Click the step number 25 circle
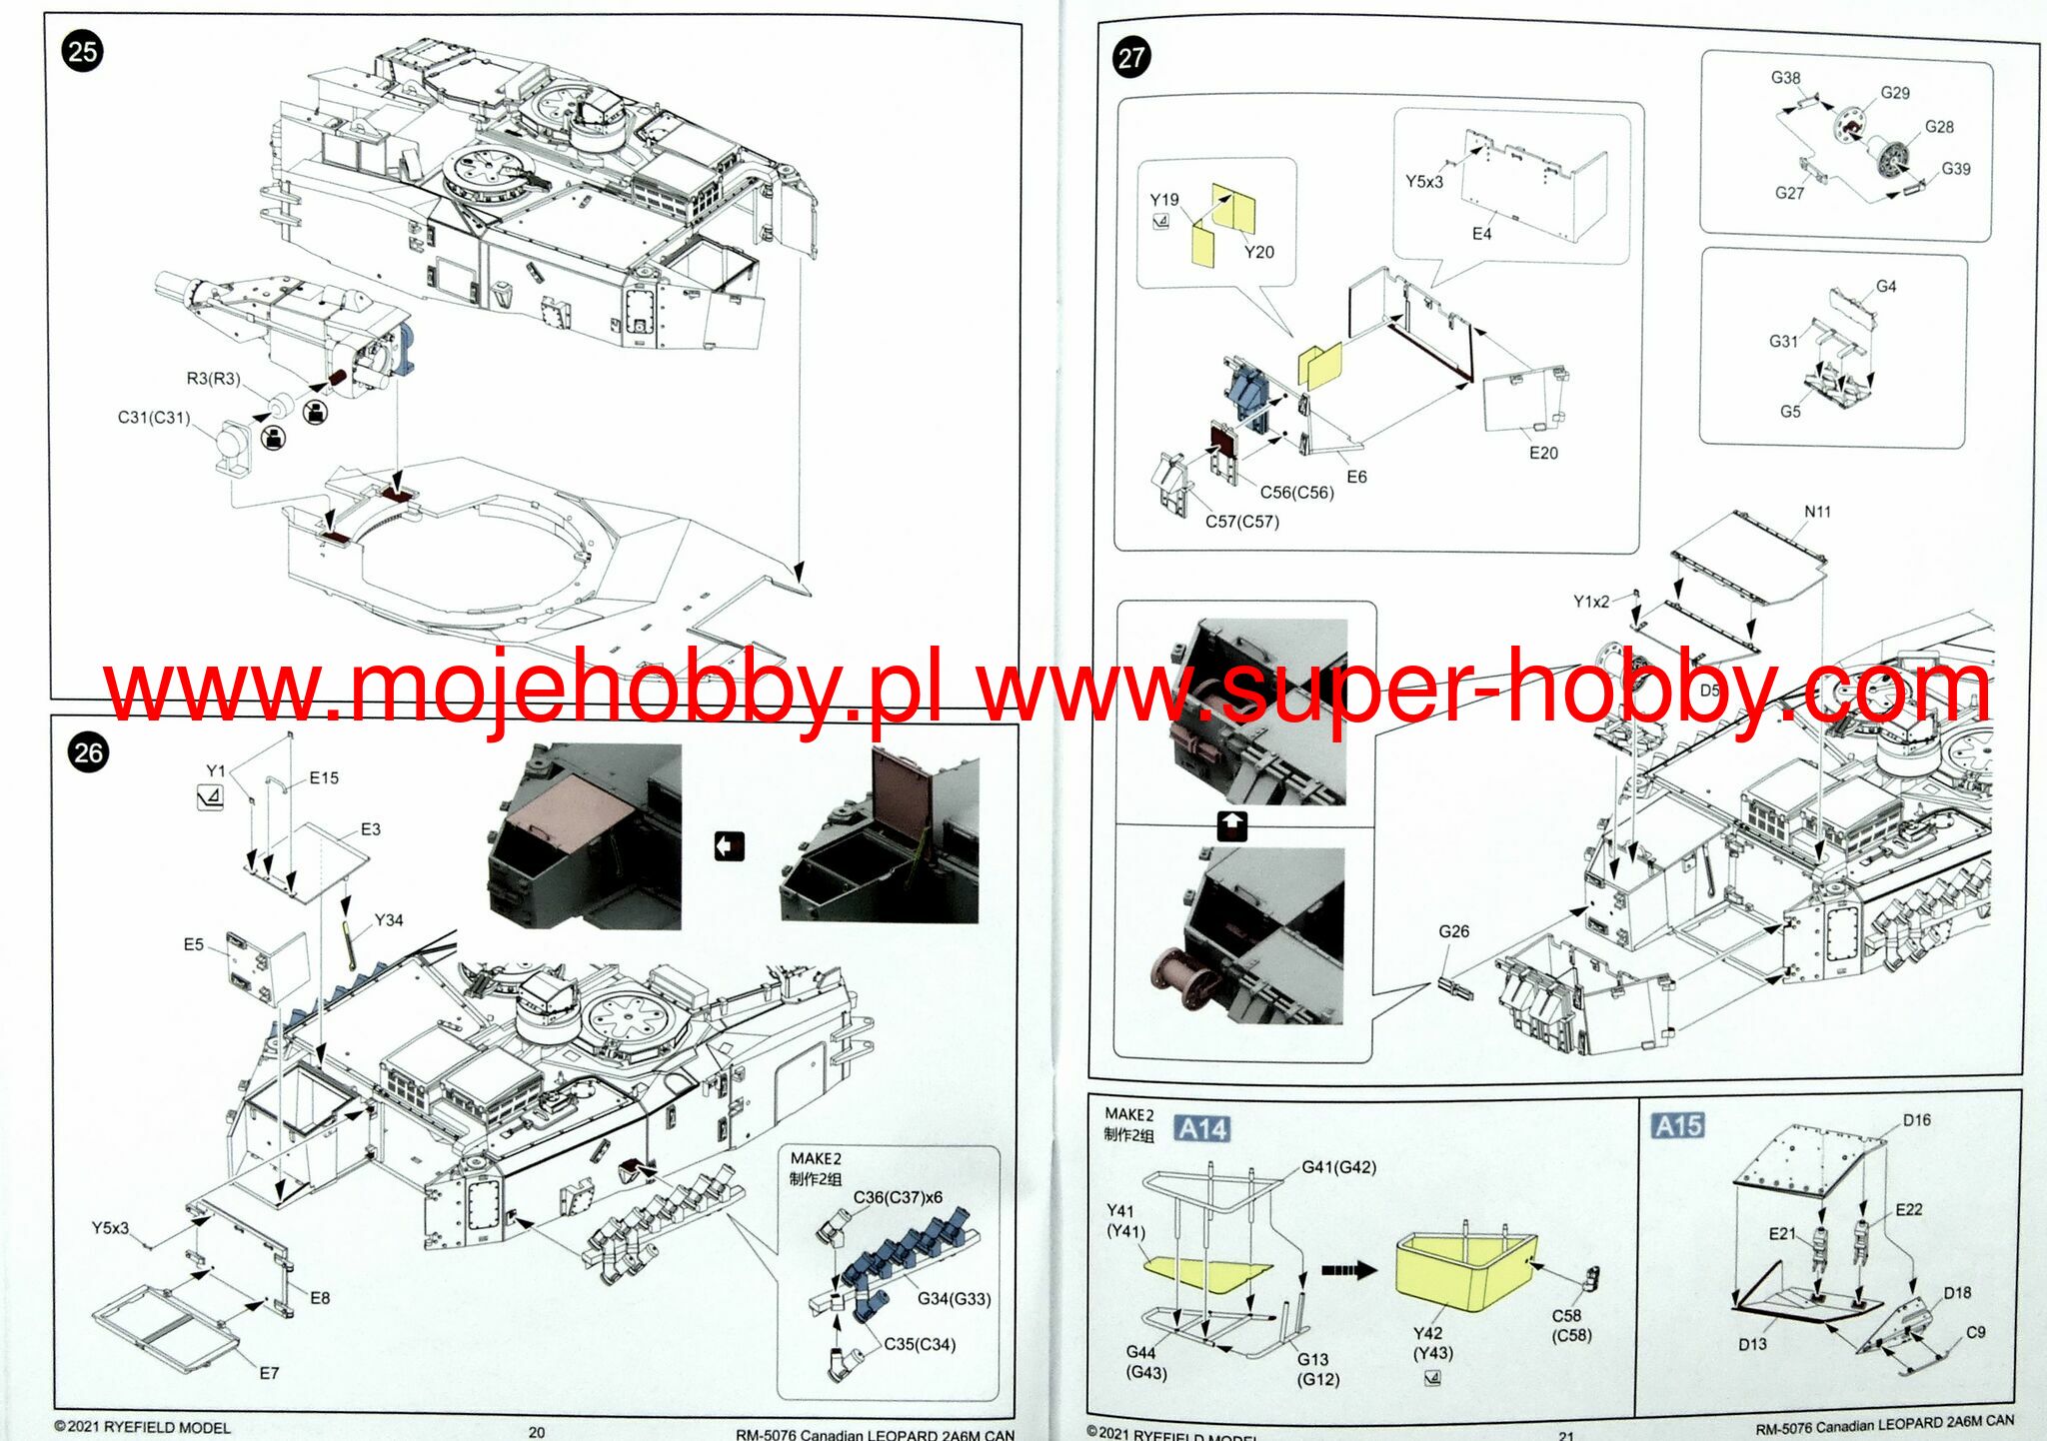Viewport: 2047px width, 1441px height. (83, 51)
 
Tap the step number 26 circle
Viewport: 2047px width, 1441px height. (88, 752)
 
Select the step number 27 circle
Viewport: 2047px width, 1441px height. (1130, 58)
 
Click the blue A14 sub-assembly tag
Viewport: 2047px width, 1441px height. (1201, 1129)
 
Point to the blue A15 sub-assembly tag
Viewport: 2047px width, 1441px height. (1677, 1126)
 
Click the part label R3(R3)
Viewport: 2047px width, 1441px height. (213, 379)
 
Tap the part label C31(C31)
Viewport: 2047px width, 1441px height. (154, 418)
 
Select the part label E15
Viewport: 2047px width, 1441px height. (324, 777)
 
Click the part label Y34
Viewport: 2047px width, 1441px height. (389, 920)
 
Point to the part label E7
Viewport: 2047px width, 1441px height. (269, 1373)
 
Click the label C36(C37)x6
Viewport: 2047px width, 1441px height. (898, 1197)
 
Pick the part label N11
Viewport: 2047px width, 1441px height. (1817, 512)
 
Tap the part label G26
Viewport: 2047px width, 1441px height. (1453, 931)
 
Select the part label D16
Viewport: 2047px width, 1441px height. (1916, 1120)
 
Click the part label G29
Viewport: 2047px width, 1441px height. (1895, 93)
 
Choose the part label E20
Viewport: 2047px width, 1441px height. (1543, 453)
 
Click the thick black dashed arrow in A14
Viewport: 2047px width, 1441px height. (1348, 1270)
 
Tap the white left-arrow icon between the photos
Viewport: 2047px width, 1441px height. (730, 846)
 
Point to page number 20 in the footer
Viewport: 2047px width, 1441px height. (537, 1432)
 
